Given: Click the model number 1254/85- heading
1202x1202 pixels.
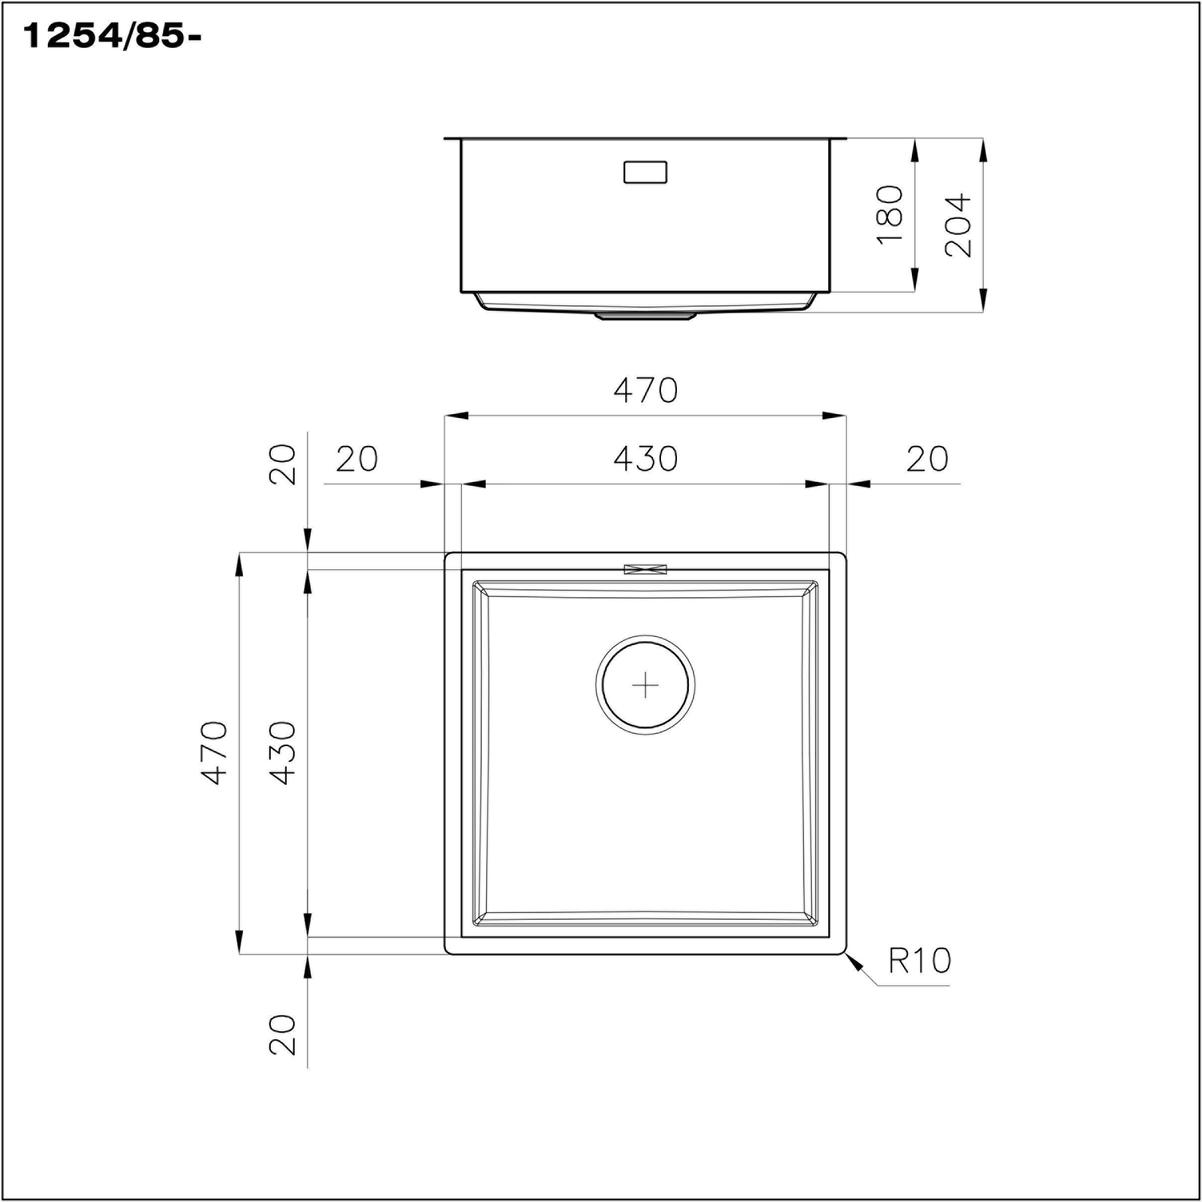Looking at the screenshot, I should (x=112, y=37).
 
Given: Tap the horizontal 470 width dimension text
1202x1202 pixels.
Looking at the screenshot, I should (x=645, y=391).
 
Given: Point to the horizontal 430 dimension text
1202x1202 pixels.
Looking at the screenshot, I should (x=645, y=459).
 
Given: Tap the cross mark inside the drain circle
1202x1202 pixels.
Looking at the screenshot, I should (x=645, y=685).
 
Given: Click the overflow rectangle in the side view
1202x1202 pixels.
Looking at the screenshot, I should (x=645, y=172).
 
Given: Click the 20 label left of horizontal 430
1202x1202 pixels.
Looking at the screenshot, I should (x=356, y=459).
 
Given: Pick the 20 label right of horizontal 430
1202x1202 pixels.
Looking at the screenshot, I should (x=927, y=459).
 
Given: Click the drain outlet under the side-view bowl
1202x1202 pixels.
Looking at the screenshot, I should (x=645, y=316).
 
